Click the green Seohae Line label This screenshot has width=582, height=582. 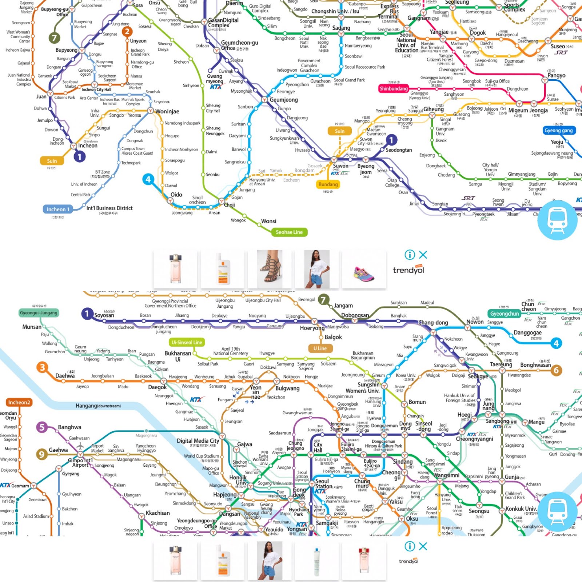(289, 232)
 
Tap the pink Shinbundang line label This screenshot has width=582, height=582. (394, 88)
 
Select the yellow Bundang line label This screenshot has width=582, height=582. (328, 184)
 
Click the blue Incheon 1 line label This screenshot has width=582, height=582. (58, 209)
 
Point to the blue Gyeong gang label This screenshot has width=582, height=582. (558, 131)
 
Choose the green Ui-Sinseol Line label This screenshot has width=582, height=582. (187, 342)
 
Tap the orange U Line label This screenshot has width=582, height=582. (320, 348)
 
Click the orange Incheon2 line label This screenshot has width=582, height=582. (19, 402)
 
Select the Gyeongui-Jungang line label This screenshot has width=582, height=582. (39, 313)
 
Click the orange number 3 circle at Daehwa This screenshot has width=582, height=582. (43, 367)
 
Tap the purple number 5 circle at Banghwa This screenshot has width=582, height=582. (42, 427)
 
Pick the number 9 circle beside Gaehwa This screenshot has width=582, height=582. (41, 454)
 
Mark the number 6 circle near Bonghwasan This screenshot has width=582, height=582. (556, 370)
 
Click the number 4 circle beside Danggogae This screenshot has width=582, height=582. (556, 343)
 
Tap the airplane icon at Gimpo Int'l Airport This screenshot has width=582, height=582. (80, 446)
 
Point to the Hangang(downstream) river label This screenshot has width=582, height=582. (98, 406)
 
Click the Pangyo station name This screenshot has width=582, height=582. (557, 75)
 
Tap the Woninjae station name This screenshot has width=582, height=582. (167, 111)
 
